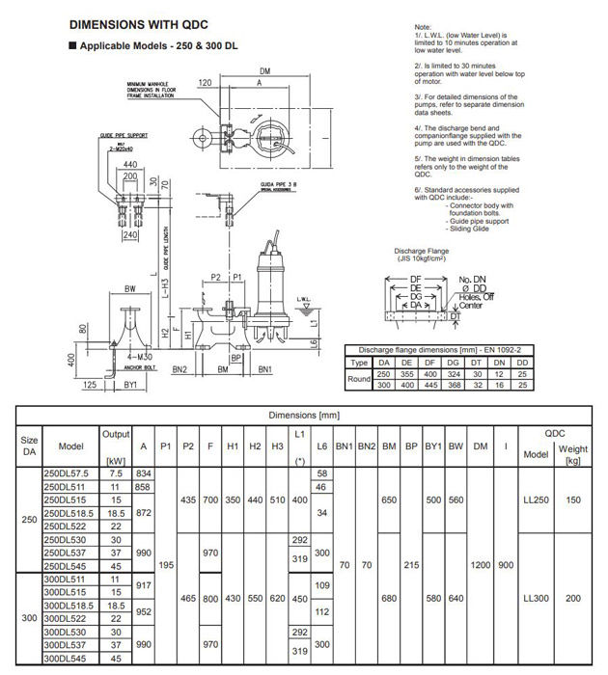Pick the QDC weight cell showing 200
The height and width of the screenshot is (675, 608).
574,599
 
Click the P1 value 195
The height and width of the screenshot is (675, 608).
165,566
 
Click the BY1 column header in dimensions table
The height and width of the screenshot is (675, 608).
433,447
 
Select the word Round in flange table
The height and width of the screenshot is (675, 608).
358,379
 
